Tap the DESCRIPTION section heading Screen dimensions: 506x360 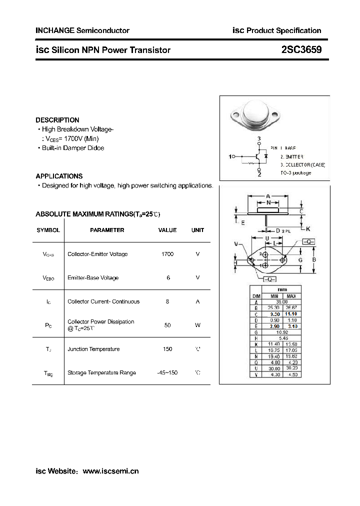point(57,120)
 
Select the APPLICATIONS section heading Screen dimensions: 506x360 point(59,176)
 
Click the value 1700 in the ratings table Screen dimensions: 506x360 point(167,254)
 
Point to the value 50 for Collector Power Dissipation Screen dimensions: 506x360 point(167,325)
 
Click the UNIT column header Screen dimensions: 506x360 point(197,230)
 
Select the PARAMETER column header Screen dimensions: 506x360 point(107,230)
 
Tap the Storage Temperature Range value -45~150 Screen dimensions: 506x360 point(167,372)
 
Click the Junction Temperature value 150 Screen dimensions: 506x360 point(167,349)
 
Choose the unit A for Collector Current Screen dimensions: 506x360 point(197,301)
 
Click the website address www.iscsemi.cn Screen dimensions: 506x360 point(110,471)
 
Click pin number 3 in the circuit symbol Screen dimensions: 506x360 point(259,138)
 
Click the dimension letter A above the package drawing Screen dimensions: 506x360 point(268,195)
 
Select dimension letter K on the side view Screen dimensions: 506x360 point(308,228)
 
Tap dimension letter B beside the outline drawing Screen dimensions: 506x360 point(313,260)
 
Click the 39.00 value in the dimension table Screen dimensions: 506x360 point(282,302)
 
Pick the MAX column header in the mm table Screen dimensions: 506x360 point(291,296)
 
